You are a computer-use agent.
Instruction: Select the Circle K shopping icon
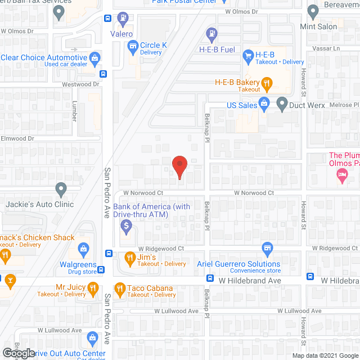[x=133, y=46]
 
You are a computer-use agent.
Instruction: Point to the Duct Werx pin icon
[x=281, y=103]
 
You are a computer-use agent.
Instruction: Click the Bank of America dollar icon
[x=127, y=227]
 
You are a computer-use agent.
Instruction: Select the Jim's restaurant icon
[x=129, y=259]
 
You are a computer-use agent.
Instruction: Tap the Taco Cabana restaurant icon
[x=119, y=289]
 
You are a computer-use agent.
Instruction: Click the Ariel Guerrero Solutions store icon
[x=268, y=248]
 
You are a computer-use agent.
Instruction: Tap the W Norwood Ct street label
[x=250, y=192]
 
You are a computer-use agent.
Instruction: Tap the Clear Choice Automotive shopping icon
[x=95, y=58]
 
